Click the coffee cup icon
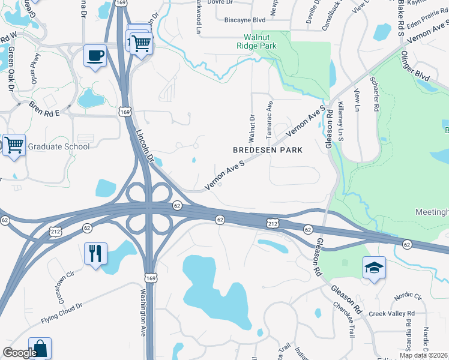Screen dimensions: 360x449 (95, 56)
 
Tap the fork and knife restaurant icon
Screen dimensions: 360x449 (95, 254)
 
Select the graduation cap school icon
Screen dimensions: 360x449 (374, 267)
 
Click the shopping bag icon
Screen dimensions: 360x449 (40, 349)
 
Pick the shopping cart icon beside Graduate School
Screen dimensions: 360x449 (14, 145)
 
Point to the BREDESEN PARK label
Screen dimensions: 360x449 (267, 149)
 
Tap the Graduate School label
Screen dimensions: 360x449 (59, 146)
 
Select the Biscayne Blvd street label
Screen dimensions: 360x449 (244, 20)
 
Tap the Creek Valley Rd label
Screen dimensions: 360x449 (391, 314)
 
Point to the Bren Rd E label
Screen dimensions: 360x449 (44, 109)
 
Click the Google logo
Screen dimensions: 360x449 (20, 353)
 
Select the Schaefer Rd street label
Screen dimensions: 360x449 (376, 97)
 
